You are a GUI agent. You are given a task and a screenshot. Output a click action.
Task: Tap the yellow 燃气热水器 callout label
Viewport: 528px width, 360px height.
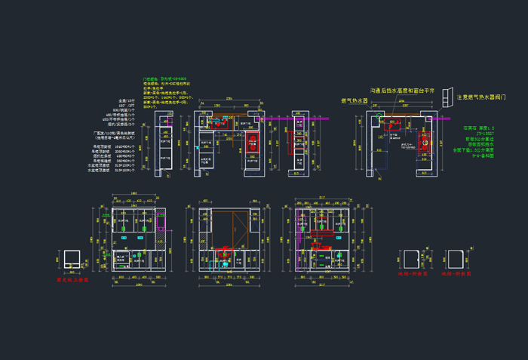[x=355, y=100]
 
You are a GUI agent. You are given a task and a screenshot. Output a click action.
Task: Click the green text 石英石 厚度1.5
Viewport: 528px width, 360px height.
[x=478, y=128]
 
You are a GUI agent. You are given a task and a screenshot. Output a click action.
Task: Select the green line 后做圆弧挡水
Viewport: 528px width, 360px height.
[x=479, y=144]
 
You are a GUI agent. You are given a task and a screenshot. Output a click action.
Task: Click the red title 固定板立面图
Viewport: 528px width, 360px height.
[x=72, y=278]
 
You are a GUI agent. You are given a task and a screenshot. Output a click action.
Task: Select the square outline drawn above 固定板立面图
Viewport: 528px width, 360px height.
[x=72, y=259]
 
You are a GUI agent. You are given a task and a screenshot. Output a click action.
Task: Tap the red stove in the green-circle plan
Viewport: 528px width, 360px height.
[x=393, y=125]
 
